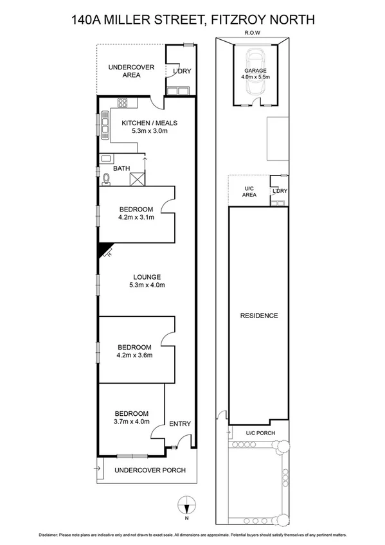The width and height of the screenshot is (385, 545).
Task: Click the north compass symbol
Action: point(186,506)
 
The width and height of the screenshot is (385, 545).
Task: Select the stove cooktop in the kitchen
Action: point(123,103)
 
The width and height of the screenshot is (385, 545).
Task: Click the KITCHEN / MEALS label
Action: point(149,123)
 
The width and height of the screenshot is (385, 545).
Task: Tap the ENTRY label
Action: point(179,424)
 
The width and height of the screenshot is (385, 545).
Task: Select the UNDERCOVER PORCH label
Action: point(150,470)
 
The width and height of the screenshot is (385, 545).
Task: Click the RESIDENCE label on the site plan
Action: point(259,316)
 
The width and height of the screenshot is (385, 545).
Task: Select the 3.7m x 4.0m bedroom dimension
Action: point(132,422)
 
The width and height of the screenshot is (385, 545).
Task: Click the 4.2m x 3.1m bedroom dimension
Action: point(136,217)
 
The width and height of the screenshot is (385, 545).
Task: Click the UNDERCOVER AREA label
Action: point(124,71)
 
